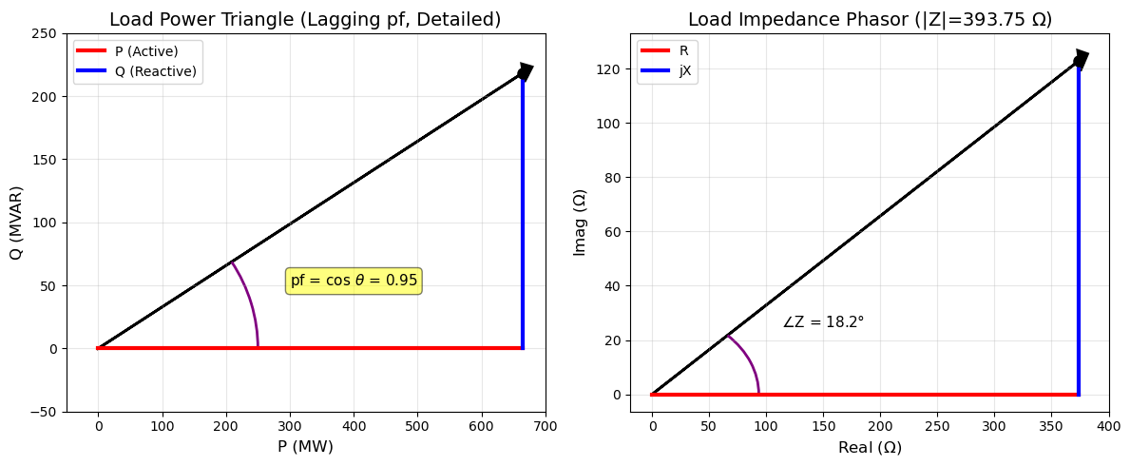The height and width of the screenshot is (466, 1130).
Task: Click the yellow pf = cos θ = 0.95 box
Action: (354, 281)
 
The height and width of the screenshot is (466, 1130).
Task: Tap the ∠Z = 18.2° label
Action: (823, 322)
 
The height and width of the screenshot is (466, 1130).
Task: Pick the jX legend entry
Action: (669, 71)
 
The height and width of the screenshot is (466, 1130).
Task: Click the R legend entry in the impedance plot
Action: (669, 51)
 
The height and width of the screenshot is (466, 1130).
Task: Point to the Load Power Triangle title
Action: (305, 20)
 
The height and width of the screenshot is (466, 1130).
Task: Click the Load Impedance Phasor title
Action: (870, 20)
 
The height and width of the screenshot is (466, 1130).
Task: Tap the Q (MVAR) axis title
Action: (16, 223)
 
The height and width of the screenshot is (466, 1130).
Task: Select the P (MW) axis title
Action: (305, 447)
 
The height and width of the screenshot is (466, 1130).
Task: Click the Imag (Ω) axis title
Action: (580, 223)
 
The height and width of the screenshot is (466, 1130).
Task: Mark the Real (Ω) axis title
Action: (870, 447)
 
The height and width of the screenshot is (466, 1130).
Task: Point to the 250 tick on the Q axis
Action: (43, 33)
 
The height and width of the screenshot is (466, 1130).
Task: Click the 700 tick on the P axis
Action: (546, 428)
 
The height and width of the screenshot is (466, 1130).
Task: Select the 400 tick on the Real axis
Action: (1108, 428)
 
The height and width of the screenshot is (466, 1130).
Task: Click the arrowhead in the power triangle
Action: (526, 71)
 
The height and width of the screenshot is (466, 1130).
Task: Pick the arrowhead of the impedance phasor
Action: (1082, 59)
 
